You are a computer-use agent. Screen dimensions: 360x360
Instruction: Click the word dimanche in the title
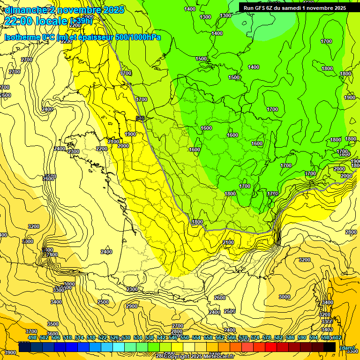click(x=24, y=9)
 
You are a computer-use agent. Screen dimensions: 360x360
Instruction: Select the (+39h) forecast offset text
click(x=81, y=21)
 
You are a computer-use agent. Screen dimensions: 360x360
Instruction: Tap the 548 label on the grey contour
click(x=140, y=119)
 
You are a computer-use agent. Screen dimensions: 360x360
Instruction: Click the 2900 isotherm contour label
click(x=132, y=306)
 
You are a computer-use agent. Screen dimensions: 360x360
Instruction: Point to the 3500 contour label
click(x=53, y=324)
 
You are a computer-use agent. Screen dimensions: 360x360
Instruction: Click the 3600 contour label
click(x=52, y=334)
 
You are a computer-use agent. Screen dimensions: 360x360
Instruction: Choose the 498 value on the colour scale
click(x=32, y=337)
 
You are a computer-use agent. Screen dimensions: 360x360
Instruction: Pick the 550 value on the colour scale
click(x=185, y=337)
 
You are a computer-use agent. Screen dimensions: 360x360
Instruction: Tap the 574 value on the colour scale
click(x=255, y=337)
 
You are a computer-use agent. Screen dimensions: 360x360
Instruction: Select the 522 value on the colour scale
click(x=103, y=337)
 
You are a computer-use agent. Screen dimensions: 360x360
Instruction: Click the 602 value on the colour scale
click(x=337, y=337)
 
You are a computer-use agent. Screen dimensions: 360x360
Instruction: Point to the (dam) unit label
click(x=346, y=347)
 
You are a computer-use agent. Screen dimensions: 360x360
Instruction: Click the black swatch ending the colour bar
click(x=330, y=347)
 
